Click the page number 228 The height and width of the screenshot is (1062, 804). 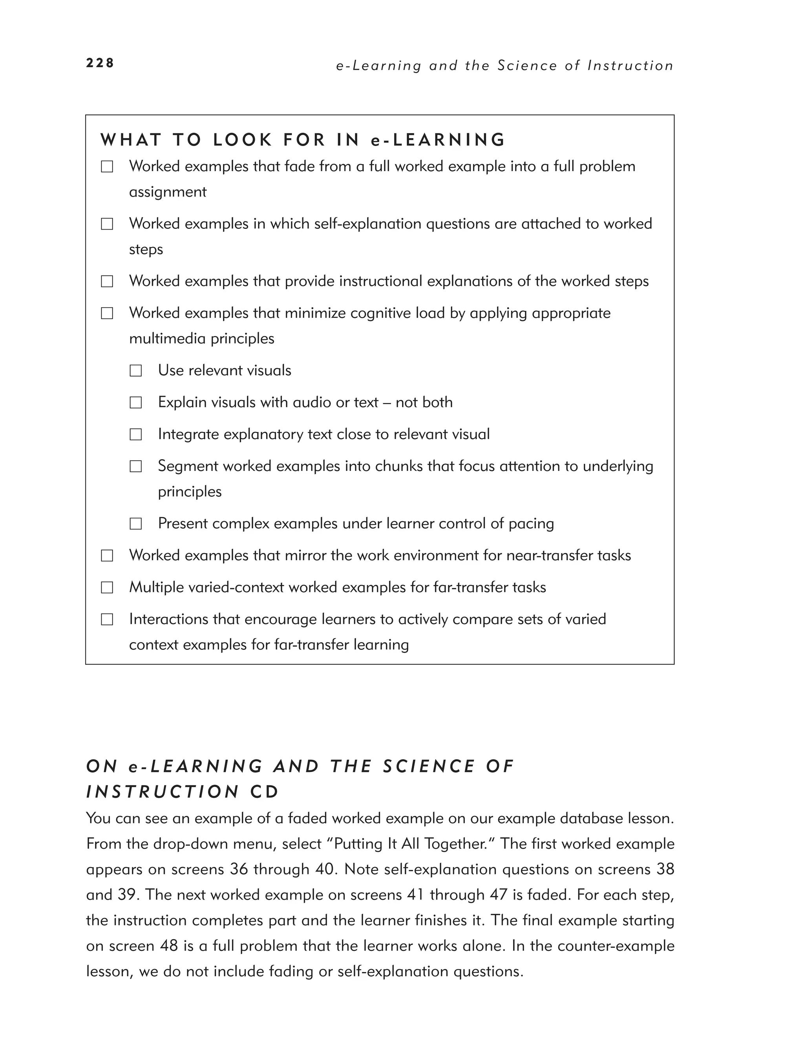100,63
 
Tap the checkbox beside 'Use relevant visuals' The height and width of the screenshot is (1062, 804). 136,370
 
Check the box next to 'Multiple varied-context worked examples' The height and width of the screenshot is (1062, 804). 107,588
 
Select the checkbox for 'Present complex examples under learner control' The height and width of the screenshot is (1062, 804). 136,524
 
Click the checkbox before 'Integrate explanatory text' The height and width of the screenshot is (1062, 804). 136,434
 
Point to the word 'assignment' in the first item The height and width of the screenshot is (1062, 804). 168,192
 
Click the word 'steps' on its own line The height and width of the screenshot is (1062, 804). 146,250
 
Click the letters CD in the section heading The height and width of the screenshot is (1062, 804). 264,792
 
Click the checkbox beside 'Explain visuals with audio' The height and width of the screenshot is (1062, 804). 136,402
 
